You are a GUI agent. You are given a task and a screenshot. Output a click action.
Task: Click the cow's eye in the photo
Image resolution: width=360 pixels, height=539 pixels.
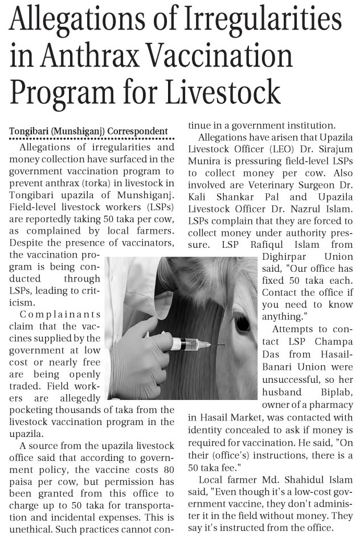coord(242,323)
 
